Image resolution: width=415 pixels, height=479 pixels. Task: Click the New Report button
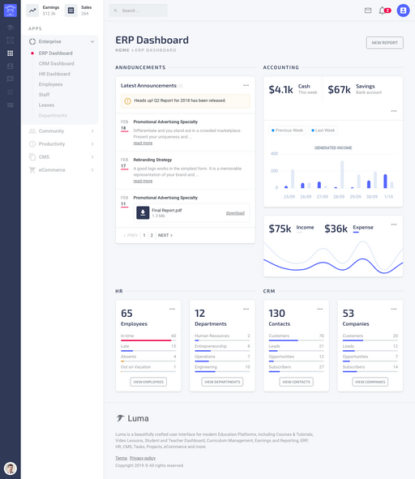(384, 42)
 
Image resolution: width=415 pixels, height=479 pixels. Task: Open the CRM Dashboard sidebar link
(56, 63)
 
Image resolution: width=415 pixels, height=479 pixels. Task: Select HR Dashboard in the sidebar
(54, 74)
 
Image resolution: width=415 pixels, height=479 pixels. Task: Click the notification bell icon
(383, 11)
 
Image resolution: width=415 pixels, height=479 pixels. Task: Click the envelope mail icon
(368, 11)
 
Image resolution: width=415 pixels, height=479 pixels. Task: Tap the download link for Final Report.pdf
(235, 213)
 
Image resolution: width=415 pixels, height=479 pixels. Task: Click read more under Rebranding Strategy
(143, 181)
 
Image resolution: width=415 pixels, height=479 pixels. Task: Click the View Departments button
(222, 382)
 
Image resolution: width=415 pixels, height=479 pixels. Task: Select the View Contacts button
(296, 382)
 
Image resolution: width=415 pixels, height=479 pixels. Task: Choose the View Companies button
(370, 382)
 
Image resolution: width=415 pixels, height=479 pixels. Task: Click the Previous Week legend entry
(288, 130)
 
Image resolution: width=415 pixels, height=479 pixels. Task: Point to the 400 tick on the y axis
(274, 153)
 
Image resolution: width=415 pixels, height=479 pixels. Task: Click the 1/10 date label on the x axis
(388, 196)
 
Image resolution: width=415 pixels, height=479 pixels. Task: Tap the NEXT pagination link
(165, 235)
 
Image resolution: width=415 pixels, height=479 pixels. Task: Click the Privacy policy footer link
(143, 458)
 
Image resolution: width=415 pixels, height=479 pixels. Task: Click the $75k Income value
(280, 229)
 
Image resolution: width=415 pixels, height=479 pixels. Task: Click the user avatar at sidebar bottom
(11, 468)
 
